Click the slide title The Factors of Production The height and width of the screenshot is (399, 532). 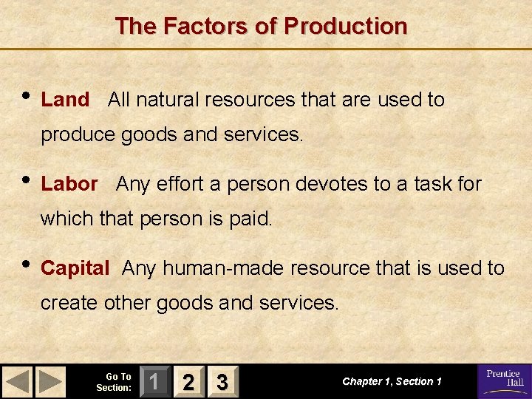point(261,27)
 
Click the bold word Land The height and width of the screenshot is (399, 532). point(65,100)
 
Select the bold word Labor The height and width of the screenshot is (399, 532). point(69,184)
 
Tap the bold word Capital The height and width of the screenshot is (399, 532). point(75,268)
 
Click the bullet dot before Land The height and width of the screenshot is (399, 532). point(27,95)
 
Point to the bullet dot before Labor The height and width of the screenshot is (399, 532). point(27,179)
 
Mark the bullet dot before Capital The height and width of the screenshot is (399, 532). point(27,263)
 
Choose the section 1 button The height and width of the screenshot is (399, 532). point(154,382)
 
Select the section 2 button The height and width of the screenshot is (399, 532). point(188,382)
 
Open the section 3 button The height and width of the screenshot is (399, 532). point(222,382)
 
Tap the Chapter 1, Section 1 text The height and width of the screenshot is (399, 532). point(392,381)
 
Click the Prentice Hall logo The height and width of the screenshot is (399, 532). point(503,381)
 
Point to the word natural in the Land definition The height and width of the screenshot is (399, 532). point(163,100)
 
